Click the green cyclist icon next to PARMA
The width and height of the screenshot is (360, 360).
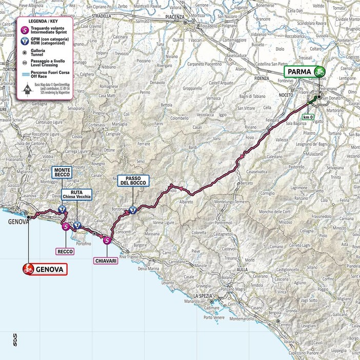319,72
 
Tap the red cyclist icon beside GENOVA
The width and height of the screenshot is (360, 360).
28,268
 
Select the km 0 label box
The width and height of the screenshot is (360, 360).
306,117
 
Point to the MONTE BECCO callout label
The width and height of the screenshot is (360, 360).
61,172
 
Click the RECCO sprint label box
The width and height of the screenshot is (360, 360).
66,251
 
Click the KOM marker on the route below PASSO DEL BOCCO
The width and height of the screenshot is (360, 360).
133,210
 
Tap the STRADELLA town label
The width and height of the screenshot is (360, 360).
101,16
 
